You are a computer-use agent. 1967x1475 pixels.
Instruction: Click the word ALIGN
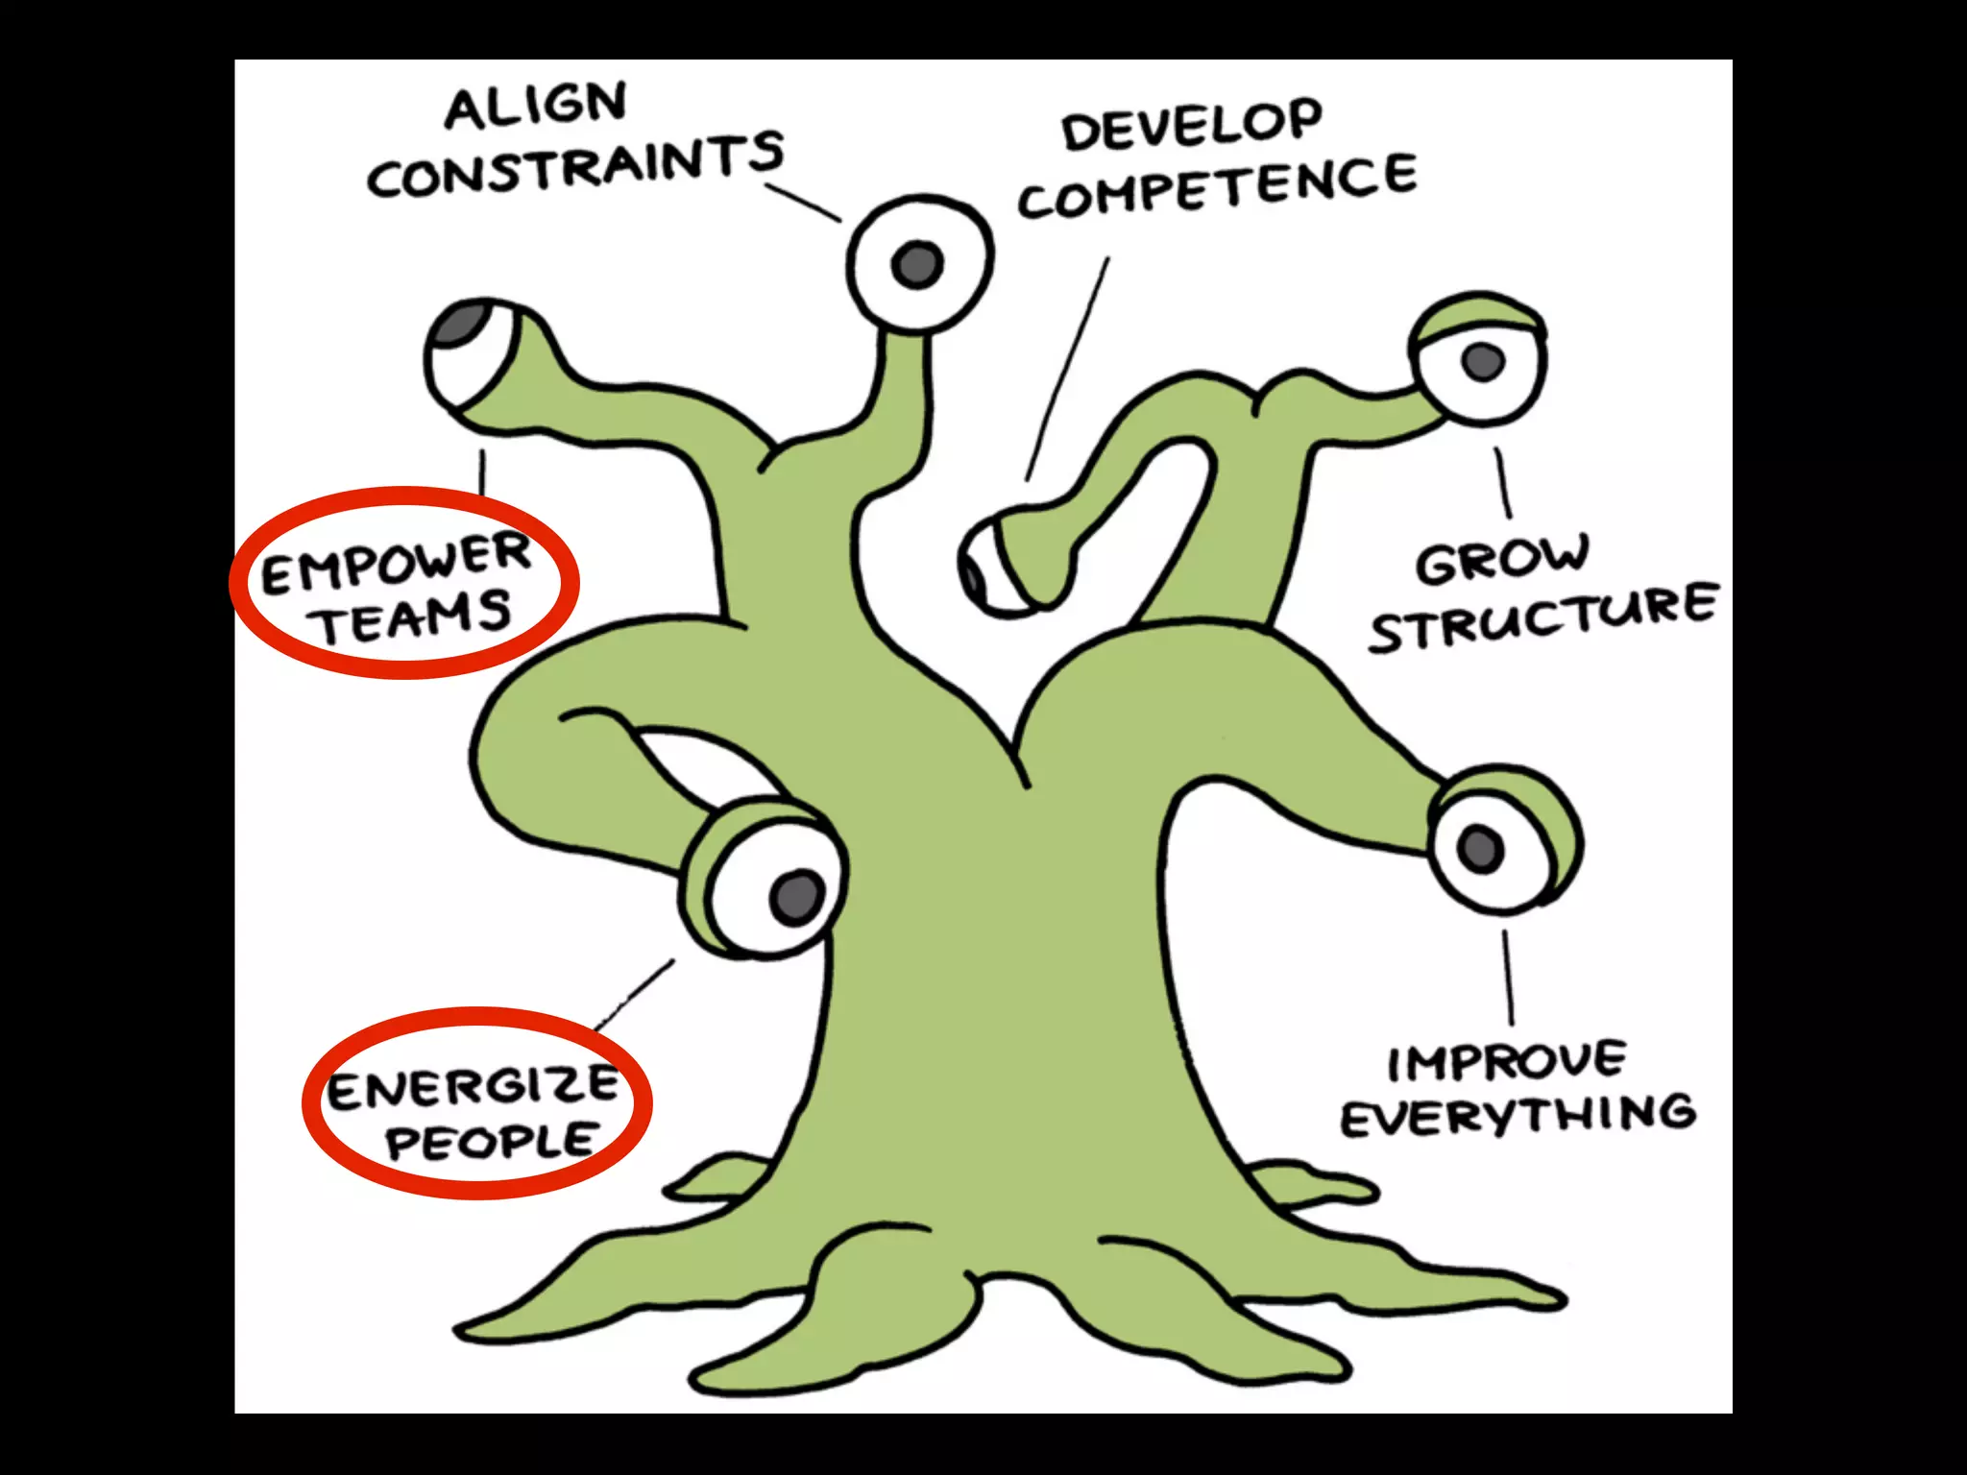(536, 107)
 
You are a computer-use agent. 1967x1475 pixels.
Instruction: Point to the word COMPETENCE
(1217, 187)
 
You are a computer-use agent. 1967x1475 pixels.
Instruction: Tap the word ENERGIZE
(473, 1087)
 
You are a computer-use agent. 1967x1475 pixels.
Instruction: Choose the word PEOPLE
(492, 1141)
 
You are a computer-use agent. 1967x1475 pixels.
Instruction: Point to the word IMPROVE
(1506, 1061)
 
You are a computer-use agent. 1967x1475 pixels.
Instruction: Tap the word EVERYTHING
(1518, 1116)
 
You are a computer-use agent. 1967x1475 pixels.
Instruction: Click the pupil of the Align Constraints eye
(917, 262)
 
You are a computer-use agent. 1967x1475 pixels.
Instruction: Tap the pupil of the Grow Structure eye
(1482, 361)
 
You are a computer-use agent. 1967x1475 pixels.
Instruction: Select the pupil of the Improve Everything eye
(1480, 848)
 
